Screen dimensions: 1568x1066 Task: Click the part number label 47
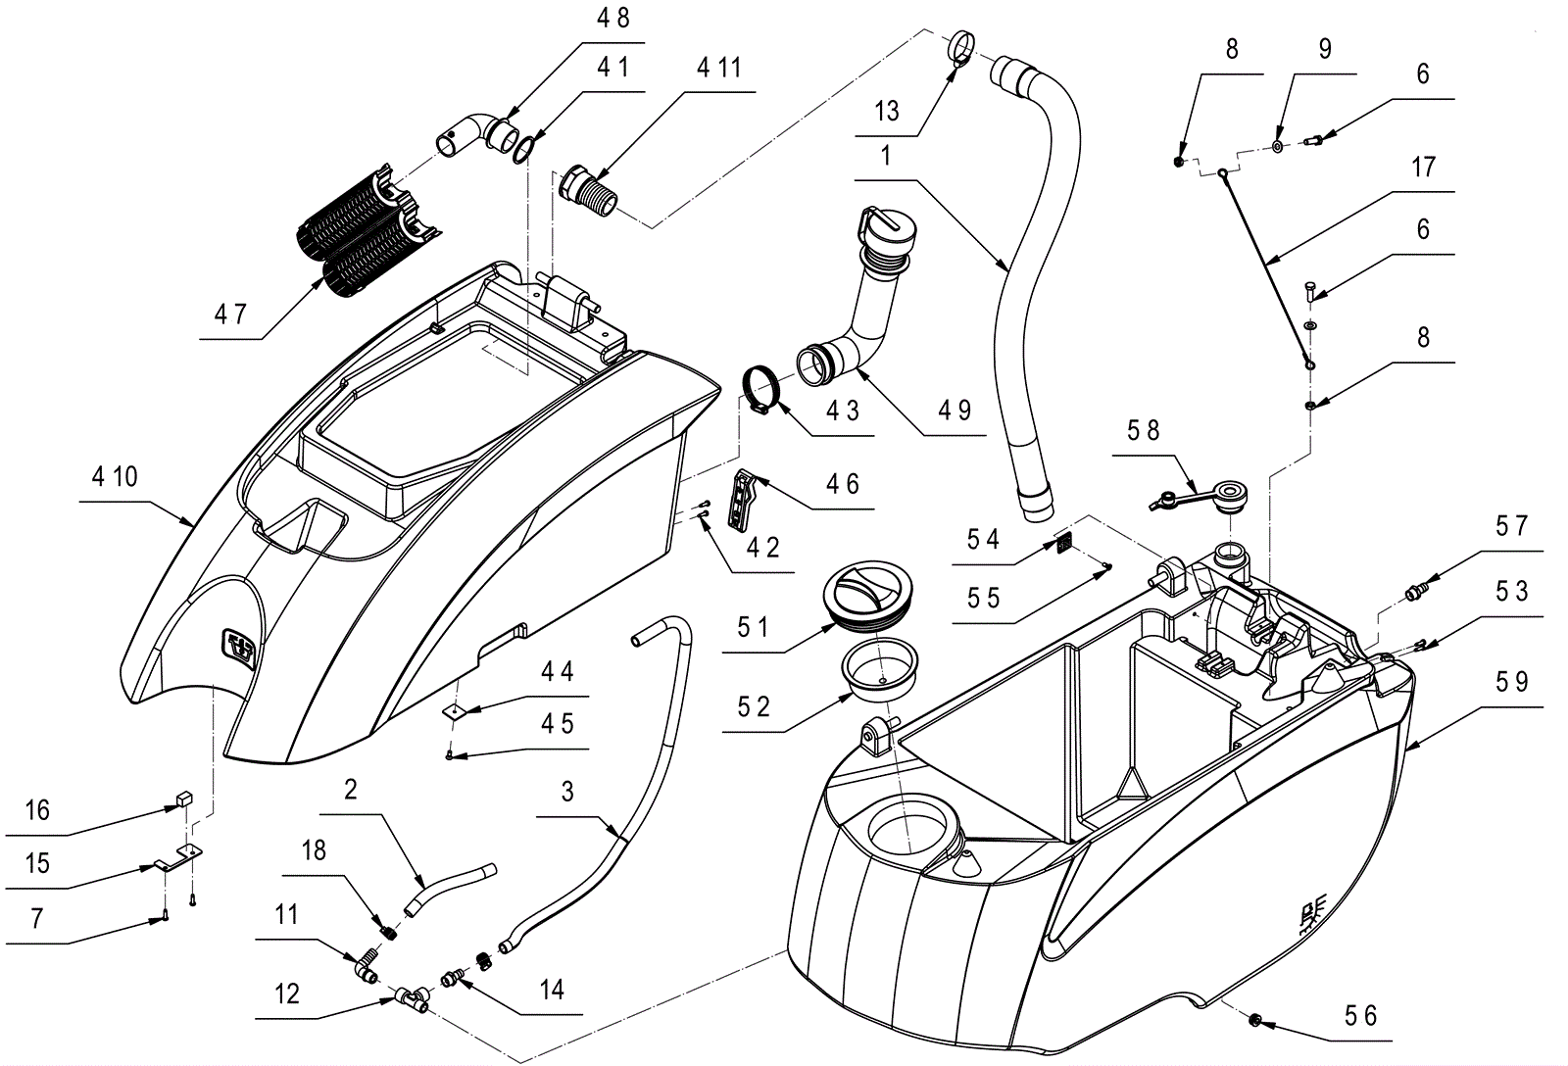click(x=230, y=315)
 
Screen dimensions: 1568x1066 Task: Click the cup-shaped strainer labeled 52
click(x=880, y=667)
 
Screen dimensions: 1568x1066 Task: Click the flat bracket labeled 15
click(x=177, y=857)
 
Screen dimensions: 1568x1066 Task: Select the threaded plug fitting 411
click(x=590, y=191)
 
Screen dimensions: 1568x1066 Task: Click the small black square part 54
click(x=1064, y=543)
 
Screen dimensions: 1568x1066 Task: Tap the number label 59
click(x=1511, y=682)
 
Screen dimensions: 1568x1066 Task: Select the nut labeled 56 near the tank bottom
click(x=1255, y=1020)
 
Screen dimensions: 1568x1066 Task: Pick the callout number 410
click(x=115, y=476)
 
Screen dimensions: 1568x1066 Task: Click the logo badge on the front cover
click(x=237, y=649)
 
